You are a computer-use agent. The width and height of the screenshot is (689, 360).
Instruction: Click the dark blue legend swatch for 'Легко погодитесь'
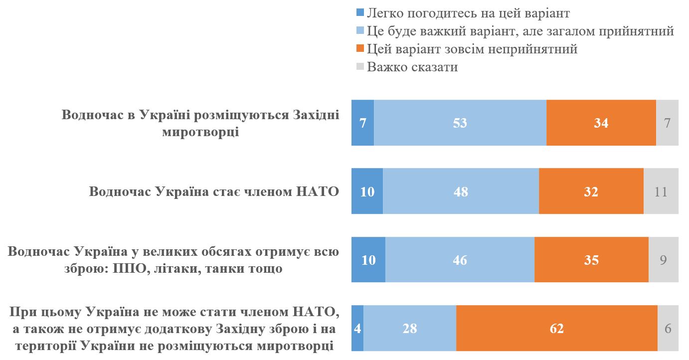pyautogui.click(x=360, y=13)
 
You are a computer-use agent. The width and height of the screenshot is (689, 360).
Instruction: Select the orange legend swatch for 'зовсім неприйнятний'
pyautogui.click(x=360, y=49)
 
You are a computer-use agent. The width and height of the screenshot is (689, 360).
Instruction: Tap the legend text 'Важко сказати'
pyautogui.click(x=412, y=67)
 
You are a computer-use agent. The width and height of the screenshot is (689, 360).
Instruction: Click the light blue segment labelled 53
pyautogui.click(x=460, y=123)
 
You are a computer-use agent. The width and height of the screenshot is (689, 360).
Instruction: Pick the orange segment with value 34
pyautogui.click(x=601, y=123)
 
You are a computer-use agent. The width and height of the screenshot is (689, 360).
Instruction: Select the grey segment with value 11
pyautogui.click(x=661, y=191)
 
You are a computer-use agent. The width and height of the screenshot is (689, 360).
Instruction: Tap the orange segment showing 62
pyautogui.click(x=556, y=328)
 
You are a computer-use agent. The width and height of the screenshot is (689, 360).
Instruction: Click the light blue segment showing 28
pyautogui.click(x=410, y=328)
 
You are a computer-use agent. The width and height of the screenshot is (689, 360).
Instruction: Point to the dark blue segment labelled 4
pyautogui.click(x=357, y=328)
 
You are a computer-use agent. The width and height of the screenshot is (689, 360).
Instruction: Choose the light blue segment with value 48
pyautogui.click(x=461, y=191)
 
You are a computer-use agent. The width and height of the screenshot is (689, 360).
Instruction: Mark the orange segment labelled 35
pyautogui.click(x=591, y=260)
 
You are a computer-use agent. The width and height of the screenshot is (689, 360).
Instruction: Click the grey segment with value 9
pyautogui.click(x=663, y=260)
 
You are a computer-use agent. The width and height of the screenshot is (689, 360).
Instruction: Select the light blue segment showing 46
pyautogui.click(x=460, y=260)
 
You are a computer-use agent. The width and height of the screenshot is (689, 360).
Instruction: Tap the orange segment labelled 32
pyautogui.click(x=591, y=191)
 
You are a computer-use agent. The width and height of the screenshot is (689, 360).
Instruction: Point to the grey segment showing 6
pyautogui.click(x=668, y=328)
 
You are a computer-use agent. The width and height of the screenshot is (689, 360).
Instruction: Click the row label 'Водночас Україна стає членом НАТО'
pyautogui.click(x=214, y=192)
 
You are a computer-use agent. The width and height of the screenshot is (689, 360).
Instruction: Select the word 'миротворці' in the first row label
pyautogui.click(x=200, y=132)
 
